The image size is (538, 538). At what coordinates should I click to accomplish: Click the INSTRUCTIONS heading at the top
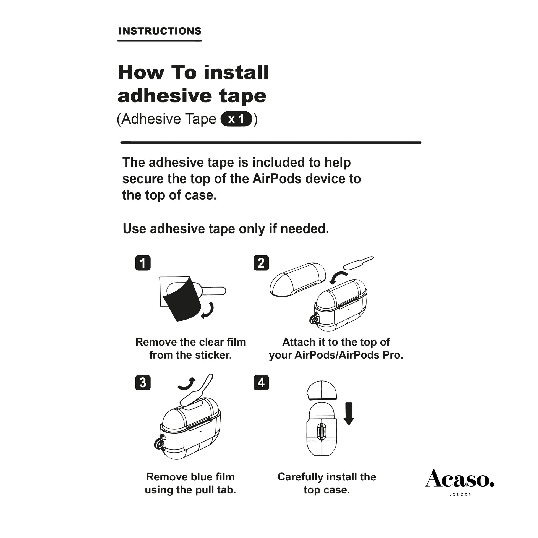click(160, 31)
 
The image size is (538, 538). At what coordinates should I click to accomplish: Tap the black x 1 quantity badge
click(236, 119)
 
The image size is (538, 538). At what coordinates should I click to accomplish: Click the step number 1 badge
click(143, 263)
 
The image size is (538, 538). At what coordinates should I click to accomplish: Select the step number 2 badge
click(261, 263)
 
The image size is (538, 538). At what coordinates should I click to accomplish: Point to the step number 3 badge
click(143, 383)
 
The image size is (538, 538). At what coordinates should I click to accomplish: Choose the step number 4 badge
click(261, 383)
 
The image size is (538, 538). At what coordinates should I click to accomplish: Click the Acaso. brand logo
click(459, 479)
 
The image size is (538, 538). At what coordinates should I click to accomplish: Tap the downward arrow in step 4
click(348, 414)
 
